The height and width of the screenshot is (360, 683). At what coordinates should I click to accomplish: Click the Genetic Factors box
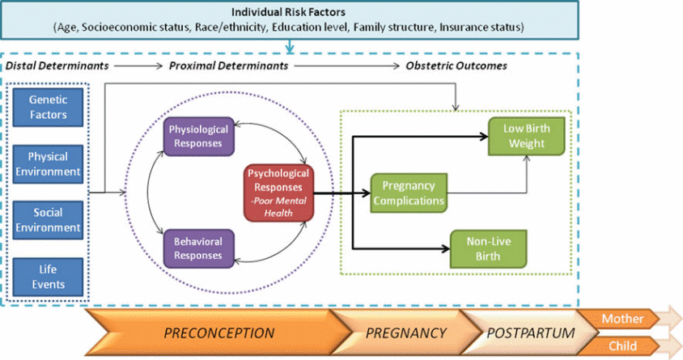tap(48, 108)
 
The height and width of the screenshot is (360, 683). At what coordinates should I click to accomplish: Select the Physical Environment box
tap(48, 163)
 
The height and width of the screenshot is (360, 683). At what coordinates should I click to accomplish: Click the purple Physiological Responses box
tap(198, 136)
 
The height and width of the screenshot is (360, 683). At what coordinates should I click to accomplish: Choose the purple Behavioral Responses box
tap(198, 248)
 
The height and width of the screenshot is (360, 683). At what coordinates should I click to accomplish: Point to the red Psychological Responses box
tap(278, 192)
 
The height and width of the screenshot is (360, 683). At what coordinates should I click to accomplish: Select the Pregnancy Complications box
tap(409, 193)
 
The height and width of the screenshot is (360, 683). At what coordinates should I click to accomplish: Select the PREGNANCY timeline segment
tap(405, 332)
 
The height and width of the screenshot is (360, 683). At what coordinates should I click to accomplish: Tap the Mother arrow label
tap(622, 319)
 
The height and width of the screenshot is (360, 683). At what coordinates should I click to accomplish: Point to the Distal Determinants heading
tap(57, 66)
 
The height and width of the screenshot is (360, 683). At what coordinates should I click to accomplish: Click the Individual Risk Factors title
tap(288, 13)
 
